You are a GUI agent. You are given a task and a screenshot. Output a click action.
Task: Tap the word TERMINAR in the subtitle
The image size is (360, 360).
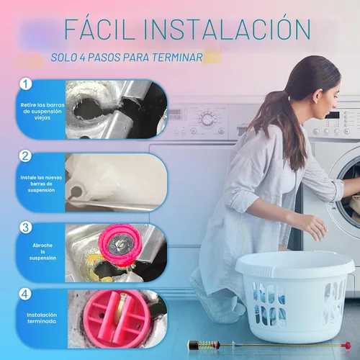177,58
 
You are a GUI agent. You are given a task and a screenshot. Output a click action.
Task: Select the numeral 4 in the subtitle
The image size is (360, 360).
82,58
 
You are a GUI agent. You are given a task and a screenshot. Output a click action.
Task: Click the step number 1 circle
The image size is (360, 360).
26,84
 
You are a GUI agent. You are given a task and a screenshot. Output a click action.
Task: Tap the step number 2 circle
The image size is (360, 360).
25,156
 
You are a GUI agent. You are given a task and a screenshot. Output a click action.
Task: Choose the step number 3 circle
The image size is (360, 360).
25,228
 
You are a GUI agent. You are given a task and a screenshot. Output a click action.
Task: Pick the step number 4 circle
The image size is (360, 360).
25,294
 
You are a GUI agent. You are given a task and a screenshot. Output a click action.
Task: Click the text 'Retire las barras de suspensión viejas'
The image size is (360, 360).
42,112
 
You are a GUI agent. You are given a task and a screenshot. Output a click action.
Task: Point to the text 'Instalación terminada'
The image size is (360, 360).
42,318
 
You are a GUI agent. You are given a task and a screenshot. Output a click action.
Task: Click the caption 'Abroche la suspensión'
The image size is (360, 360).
42,251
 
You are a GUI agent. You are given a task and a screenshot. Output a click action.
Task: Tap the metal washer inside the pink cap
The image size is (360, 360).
120,245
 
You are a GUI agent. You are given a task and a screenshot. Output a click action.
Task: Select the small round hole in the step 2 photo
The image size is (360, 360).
76,192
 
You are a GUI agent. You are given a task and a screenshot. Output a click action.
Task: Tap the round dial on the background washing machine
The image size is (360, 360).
207,119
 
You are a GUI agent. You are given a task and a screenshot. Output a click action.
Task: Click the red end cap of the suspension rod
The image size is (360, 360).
346,346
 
